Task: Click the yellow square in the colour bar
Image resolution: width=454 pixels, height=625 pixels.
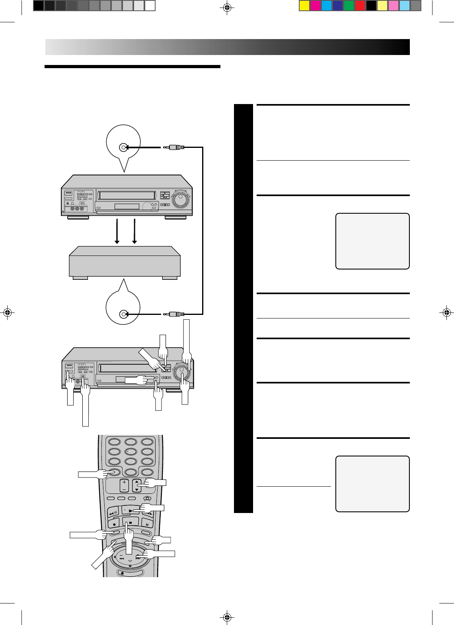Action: coord(304,6)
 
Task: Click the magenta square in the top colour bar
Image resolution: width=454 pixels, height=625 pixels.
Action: coord(316,6)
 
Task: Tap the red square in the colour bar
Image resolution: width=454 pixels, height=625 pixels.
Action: coord(360,6)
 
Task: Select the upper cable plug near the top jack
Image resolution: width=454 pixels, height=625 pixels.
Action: coord(175,147)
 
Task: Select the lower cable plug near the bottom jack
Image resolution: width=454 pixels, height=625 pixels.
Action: coord(175,314)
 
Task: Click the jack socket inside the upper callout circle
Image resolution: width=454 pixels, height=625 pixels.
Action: coord(123,148)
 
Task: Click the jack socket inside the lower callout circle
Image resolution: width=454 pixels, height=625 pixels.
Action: coord(123,314)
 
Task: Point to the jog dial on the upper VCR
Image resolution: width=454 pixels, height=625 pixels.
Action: coord(181,198)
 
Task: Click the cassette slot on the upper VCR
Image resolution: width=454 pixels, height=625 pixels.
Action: coord(127,195)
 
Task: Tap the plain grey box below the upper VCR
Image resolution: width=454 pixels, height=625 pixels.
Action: coord(125,261)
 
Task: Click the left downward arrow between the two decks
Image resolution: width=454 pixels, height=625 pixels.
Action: coord(117,231)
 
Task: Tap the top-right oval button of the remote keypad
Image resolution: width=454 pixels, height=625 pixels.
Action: coord(147,442)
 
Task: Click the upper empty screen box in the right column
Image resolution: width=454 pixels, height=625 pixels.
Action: coord(372,241)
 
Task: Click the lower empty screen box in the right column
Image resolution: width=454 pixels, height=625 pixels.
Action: coord(372,483)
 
